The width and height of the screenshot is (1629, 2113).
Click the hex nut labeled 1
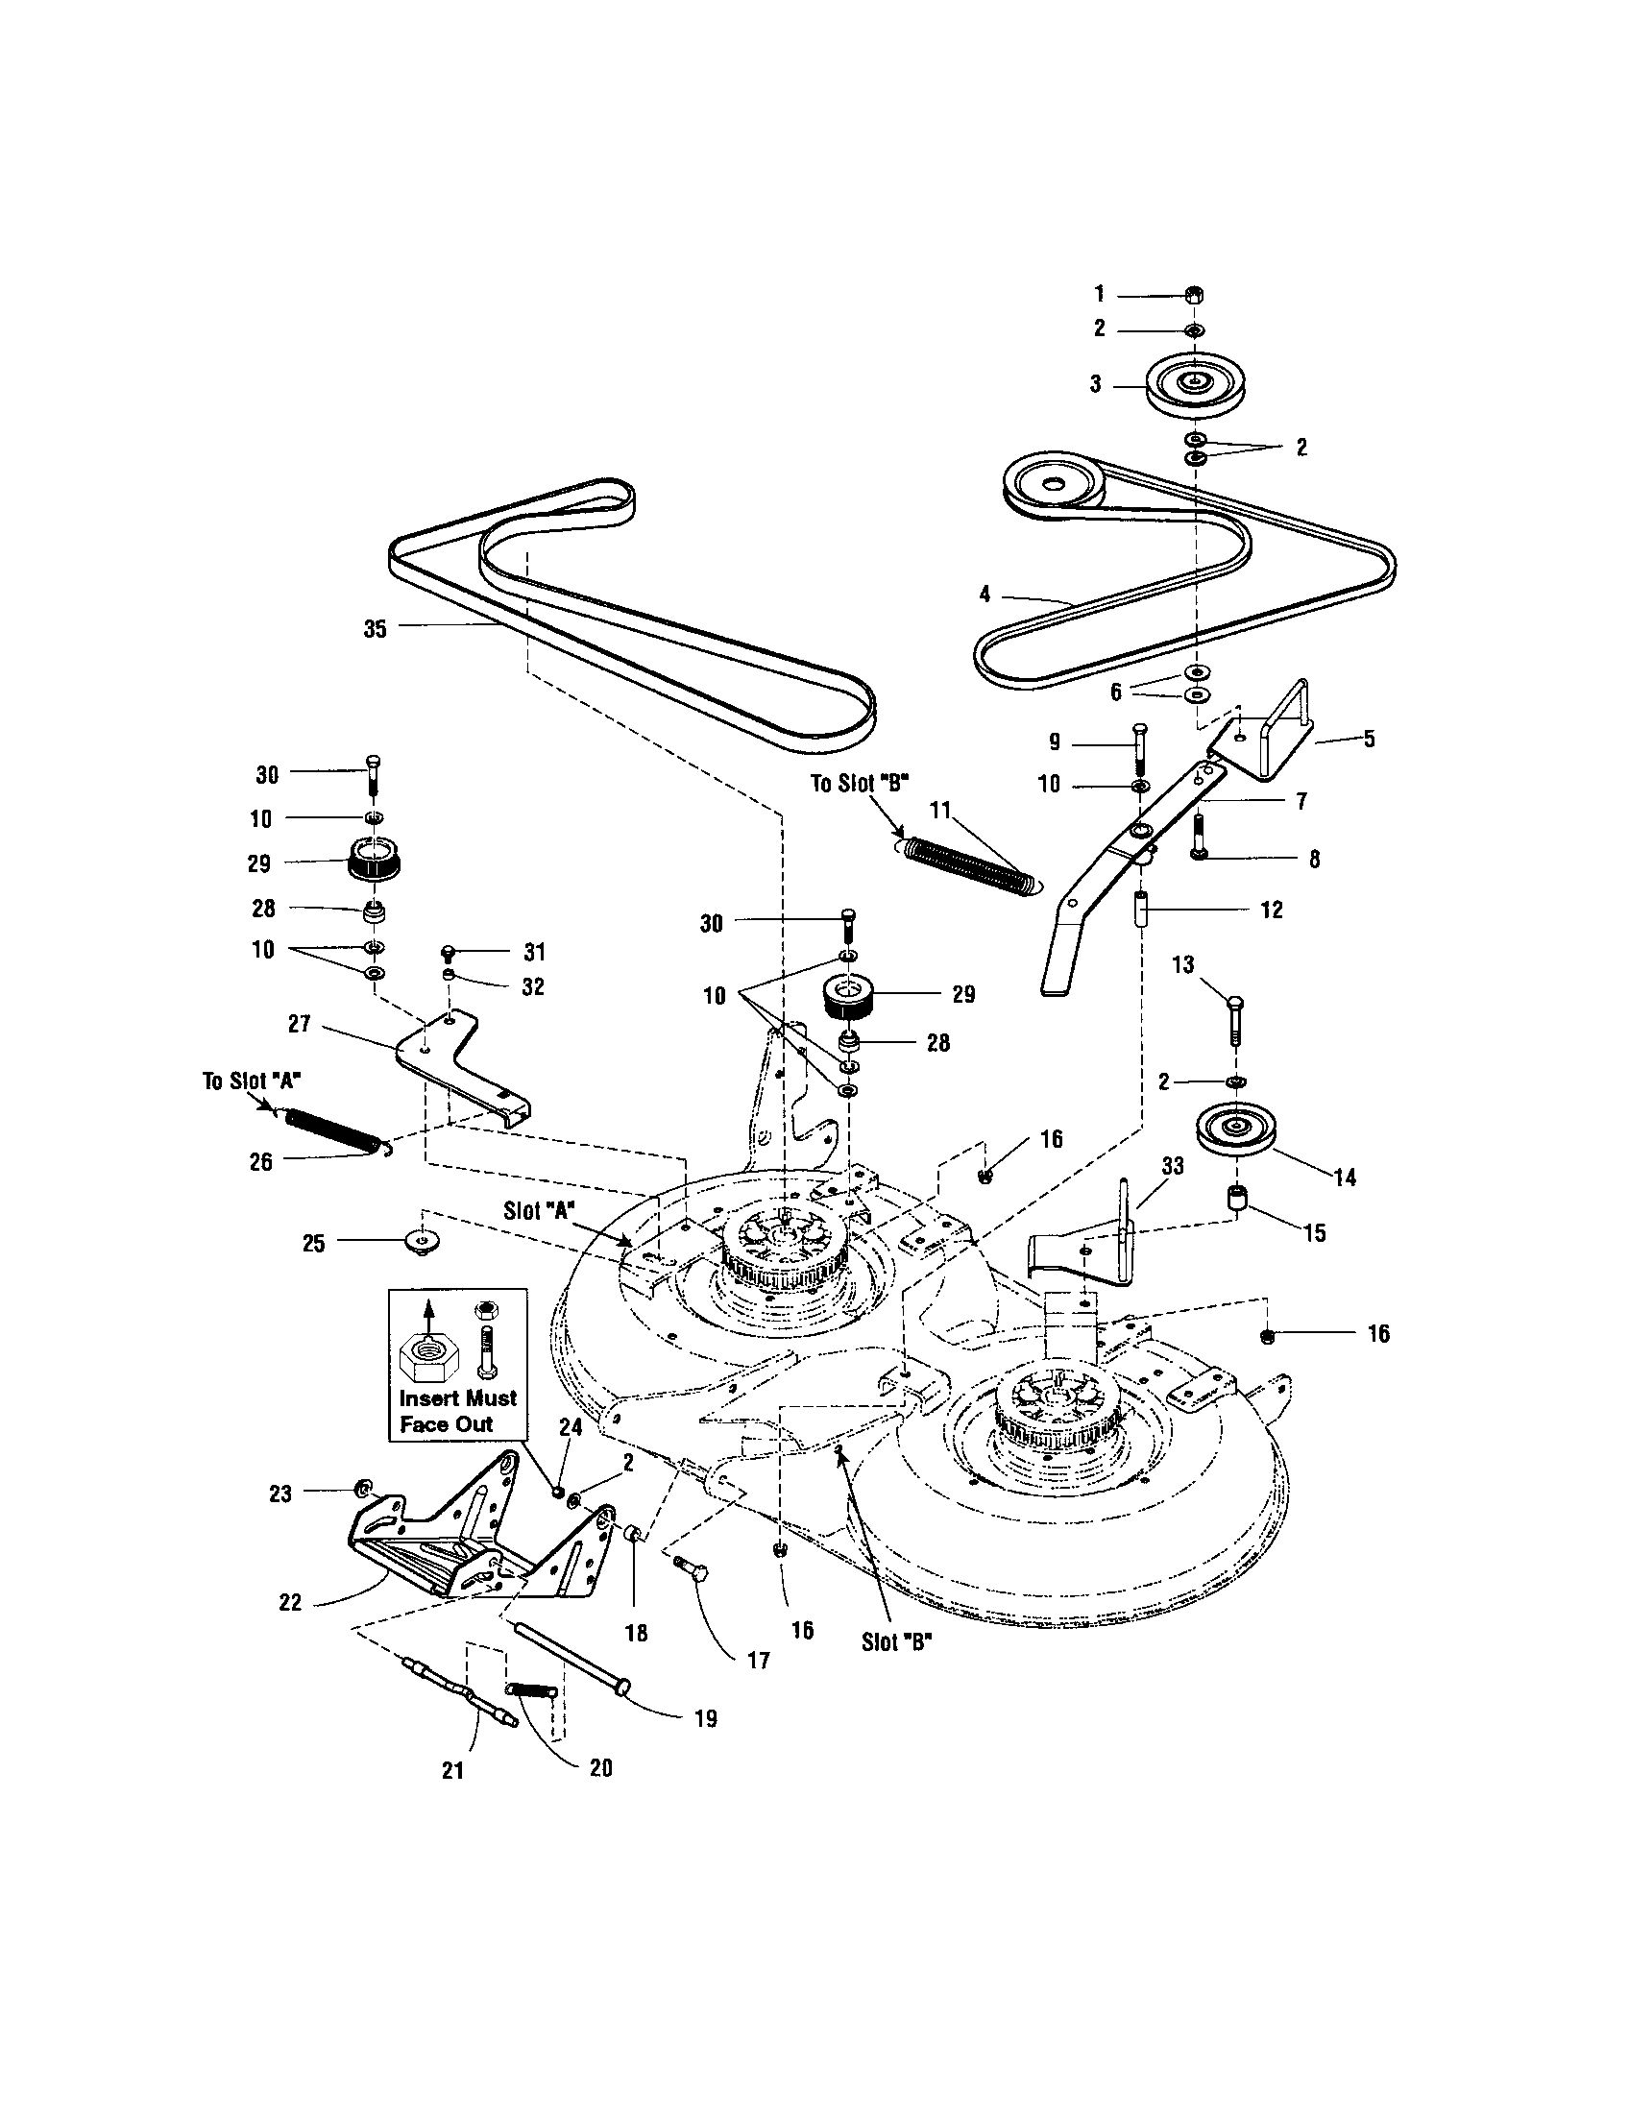(1194, 294)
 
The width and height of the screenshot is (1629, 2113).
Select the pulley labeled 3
(1195, 385)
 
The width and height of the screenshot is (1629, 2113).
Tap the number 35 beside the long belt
(375, 629)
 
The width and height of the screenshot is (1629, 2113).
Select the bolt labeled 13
(1235, 1032)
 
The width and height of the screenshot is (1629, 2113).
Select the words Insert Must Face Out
(457, 1411)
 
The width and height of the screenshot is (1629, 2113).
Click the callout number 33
(1172, 1167)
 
